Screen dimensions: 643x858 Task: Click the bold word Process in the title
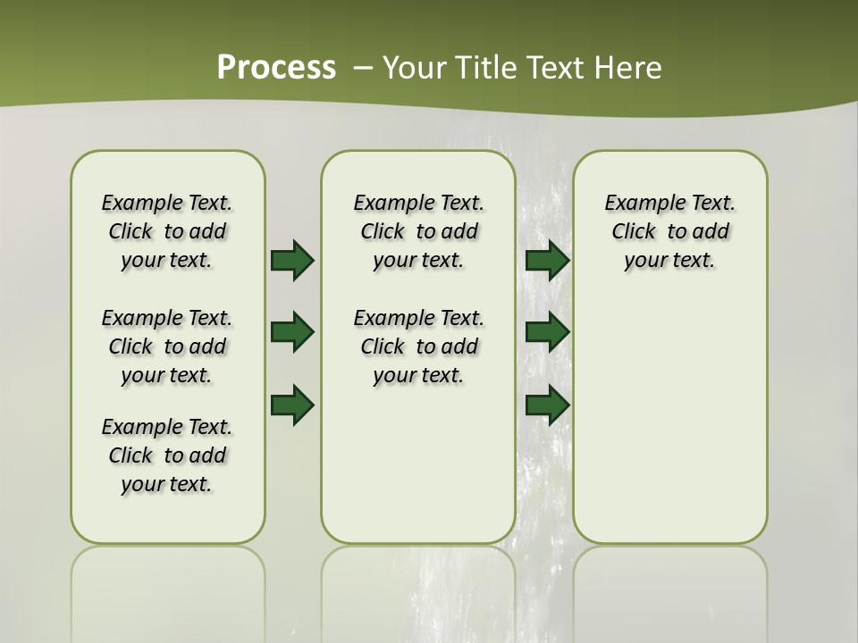point(276,68)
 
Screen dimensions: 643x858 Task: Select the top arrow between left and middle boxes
point(292,260)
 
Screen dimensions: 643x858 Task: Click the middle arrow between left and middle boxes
point(292,332)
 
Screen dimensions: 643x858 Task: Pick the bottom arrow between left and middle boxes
point(292,405)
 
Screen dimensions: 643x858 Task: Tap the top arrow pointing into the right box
point(548,260)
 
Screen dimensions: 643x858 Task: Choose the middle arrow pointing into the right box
point(548,332)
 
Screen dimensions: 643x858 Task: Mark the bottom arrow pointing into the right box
point(548,405)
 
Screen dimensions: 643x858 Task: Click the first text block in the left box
point(167,231)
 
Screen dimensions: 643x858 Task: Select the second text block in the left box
point(167,347)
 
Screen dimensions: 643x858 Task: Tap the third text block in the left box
point(167,455)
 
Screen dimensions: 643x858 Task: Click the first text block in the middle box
point(418,231)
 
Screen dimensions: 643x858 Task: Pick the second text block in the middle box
point(418,347)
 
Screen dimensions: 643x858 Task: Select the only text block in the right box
point(669,231)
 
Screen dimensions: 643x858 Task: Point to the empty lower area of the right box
point(669,429)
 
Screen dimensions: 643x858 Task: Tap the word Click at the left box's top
point(130,232)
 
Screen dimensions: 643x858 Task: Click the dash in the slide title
point(363,68)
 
